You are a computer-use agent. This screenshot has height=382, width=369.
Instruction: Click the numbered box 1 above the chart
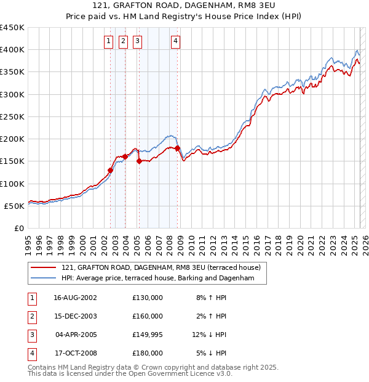click(108, 41)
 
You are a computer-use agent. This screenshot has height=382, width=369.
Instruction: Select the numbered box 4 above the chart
click(175, 41)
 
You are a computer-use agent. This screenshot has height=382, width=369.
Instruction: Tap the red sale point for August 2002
click(111, 170)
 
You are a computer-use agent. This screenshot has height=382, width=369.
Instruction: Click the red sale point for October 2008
click(178, 148)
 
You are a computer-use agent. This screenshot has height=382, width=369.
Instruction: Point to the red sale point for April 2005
click(139, 161)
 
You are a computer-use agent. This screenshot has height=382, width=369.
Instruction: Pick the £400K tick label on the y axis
click(12, 50)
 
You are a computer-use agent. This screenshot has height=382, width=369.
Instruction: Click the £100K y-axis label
click(12, 184)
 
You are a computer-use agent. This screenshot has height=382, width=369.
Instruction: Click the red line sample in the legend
click(44, 267)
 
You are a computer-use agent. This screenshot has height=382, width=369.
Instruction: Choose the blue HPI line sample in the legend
click(44, 278)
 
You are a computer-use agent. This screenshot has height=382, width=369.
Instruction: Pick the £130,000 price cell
click(148, 298)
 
